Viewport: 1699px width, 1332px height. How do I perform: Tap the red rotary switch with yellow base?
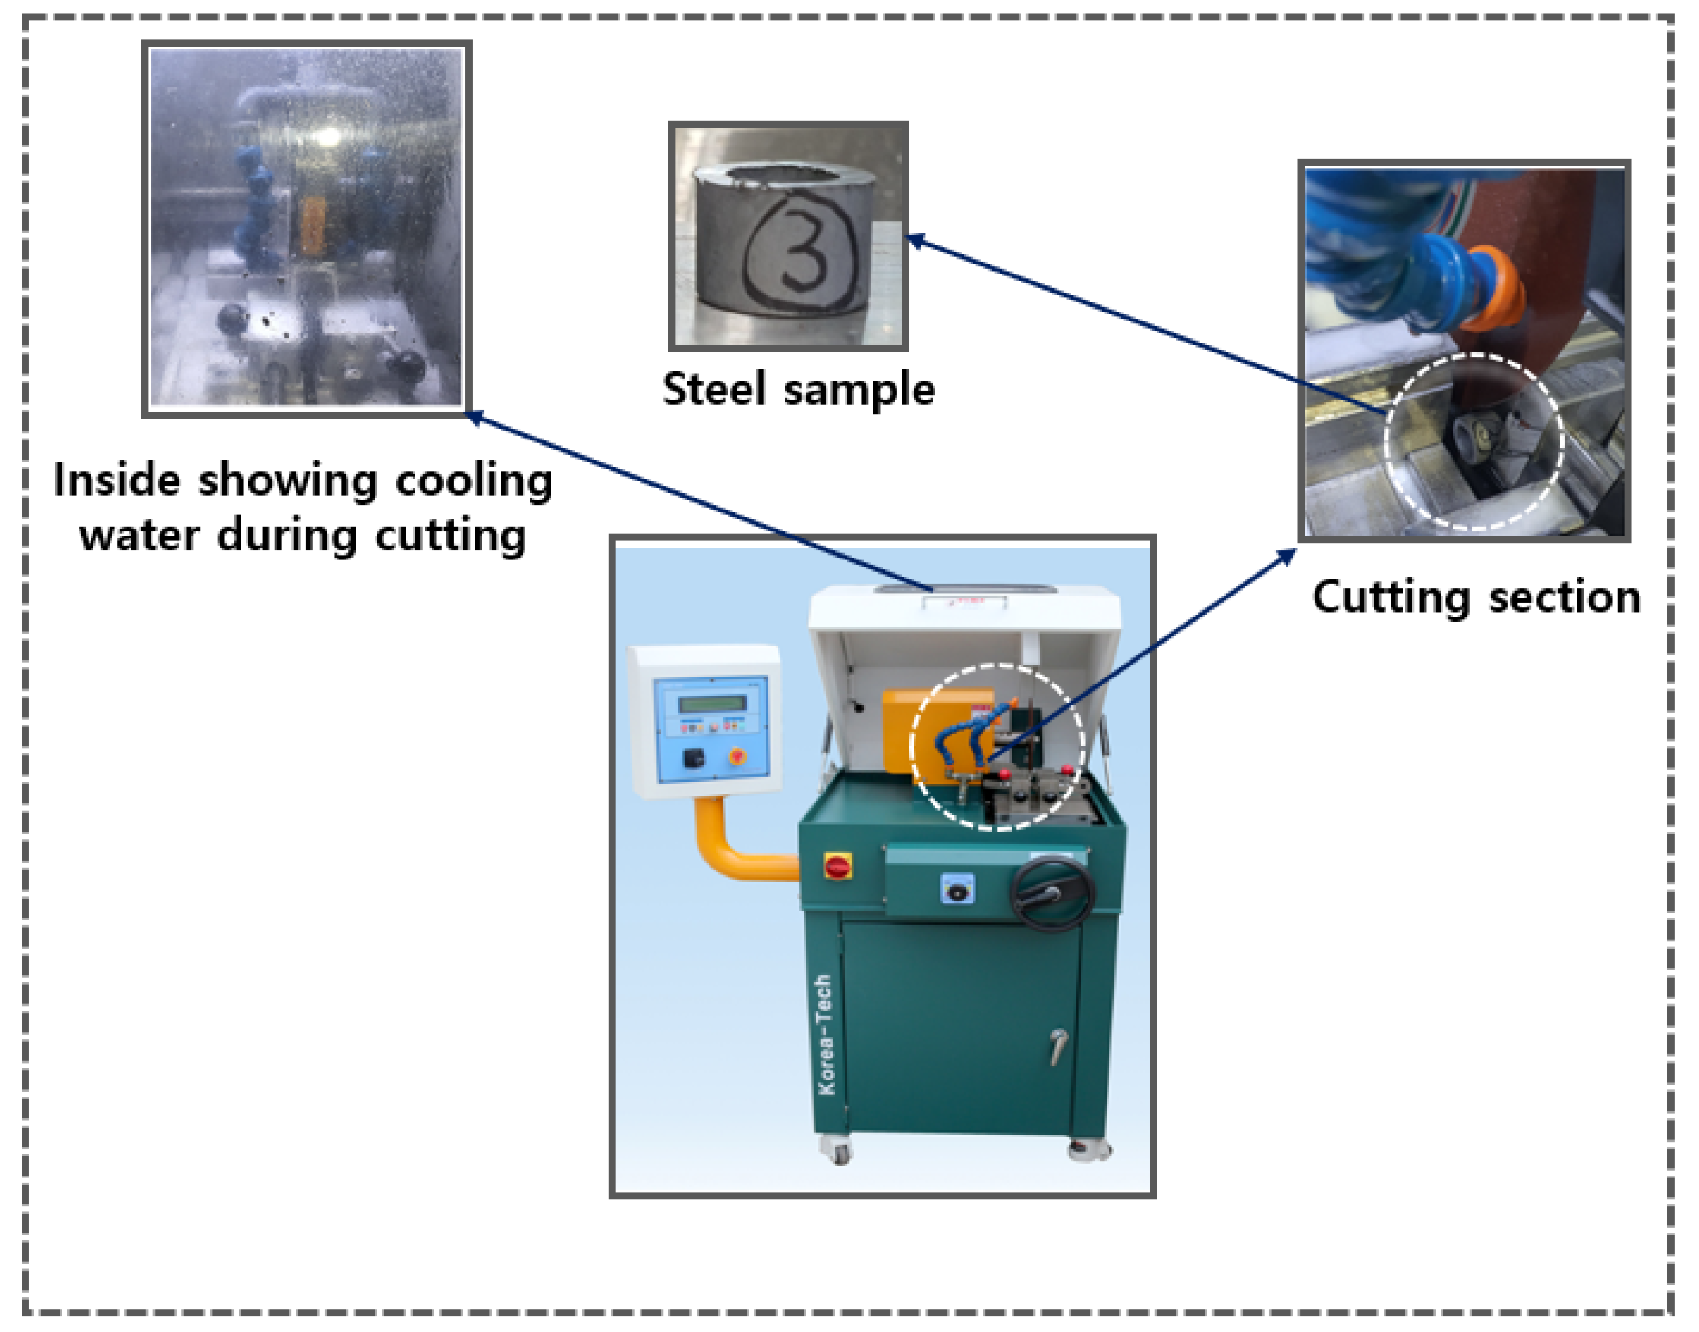click(x=837, y=867)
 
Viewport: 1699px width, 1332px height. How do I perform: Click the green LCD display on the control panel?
click(x=712, y=703)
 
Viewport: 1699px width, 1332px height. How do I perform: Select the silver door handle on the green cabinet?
click(x=1058, y=1045)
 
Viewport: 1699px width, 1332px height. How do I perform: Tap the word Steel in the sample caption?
click(x=713, y=389)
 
